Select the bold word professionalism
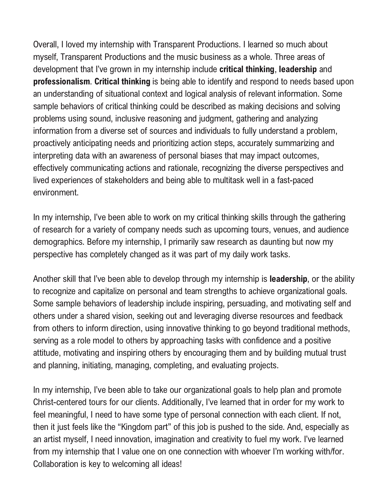[x=61, y=82]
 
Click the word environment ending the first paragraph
[x=56, y=193]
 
